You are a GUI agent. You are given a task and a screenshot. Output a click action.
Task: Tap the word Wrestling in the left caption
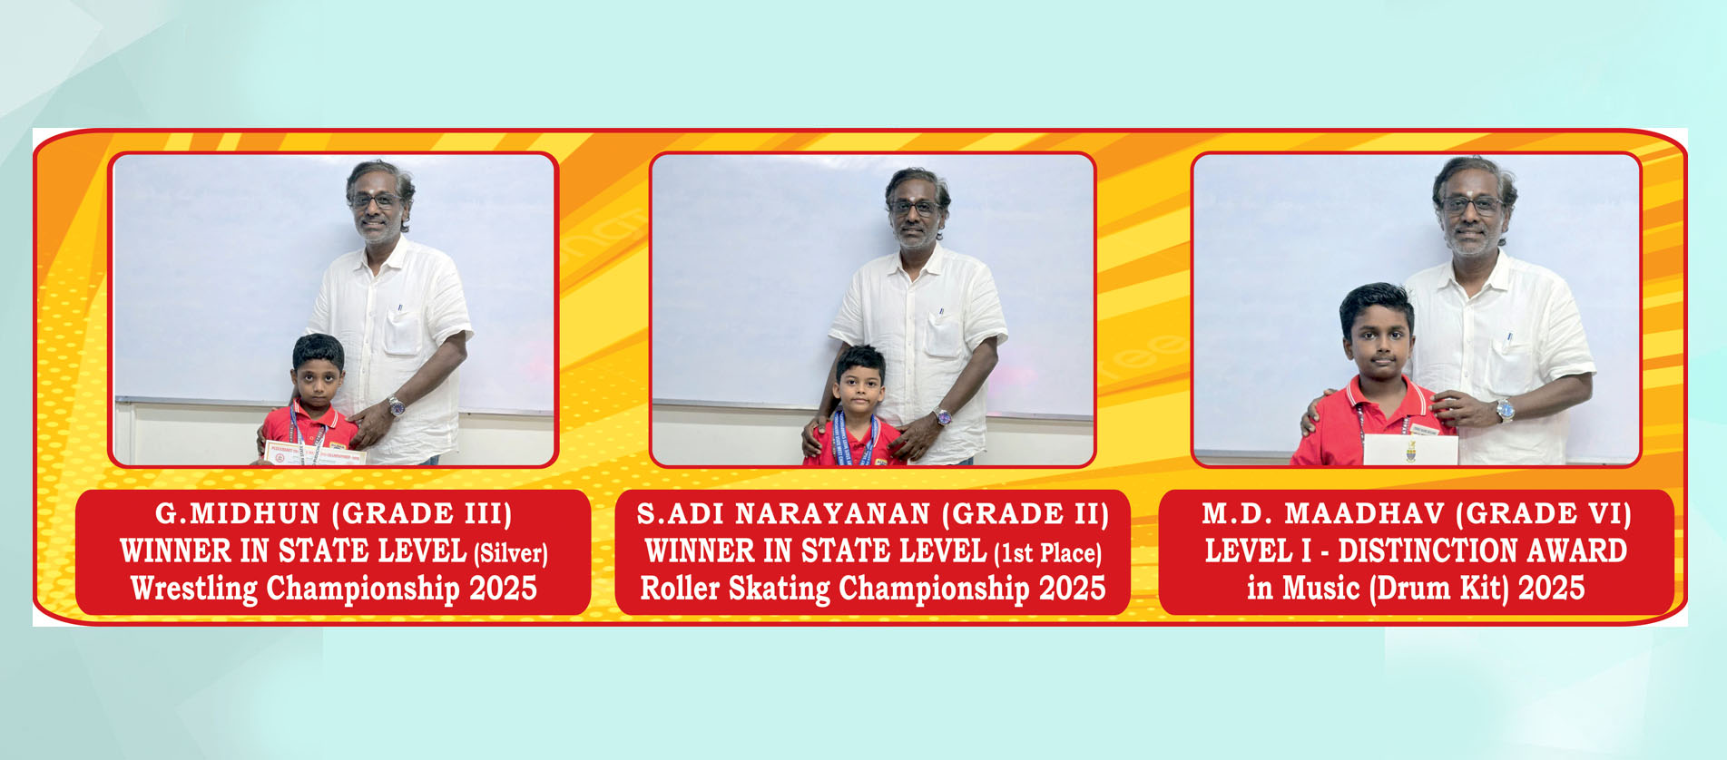195,589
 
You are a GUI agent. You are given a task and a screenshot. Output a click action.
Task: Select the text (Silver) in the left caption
511,553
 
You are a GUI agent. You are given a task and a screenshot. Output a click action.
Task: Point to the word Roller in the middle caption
681,589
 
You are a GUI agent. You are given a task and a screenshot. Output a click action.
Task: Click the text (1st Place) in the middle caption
1047,553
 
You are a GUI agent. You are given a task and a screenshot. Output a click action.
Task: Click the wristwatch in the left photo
396,406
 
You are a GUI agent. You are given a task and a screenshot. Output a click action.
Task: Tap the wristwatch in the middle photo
944,417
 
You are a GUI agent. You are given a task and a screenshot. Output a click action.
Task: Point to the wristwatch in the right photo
1505,411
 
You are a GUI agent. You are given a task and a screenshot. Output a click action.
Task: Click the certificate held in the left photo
313,454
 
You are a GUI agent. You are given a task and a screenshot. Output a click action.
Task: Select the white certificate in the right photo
1410,450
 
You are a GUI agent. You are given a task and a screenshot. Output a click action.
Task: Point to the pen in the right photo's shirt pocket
1509,342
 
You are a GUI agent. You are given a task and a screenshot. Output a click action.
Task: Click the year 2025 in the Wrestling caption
504,589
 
